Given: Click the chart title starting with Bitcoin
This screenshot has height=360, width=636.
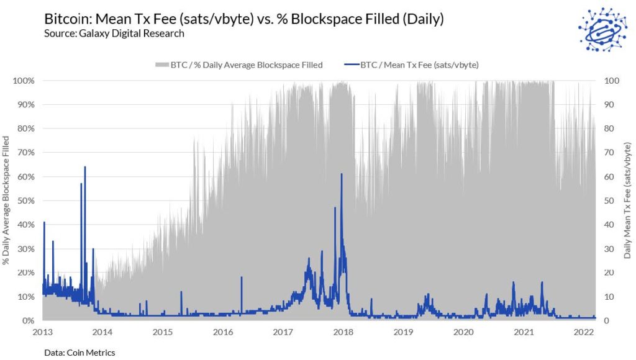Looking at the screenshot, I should (243, 19).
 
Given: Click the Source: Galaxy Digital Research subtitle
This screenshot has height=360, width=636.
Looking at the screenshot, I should (114, 34).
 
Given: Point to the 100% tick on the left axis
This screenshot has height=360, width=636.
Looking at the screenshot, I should (24, 81).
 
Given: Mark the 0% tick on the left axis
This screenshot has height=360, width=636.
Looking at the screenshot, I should (28, 321).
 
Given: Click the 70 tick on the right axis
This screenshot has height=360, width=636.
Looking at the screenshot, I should (610, 153).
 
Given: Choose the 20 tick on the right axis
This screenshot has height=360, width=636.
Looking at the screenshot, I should (610, 272).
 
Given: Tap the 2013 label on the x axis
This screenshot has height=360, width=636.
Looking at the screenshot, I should (42, 333).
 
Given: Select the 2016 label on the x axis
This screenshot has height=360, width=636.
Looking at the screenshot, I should (223, 333).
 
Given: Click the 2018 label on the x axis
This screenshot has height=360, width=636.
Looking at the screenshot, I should (343, 333).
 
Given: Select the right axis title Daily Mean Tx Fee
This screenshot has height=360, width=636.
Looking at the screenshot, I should (627, 200).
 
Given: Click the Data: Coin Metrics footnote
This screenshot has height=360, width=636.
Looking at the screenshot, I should (79, 353).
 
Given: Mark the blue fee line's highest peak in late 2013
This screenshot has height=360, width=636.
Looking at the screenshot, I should (85, 167).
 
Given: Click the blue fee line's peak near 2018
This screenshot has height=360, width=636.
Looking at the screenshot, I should (342, 174).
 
